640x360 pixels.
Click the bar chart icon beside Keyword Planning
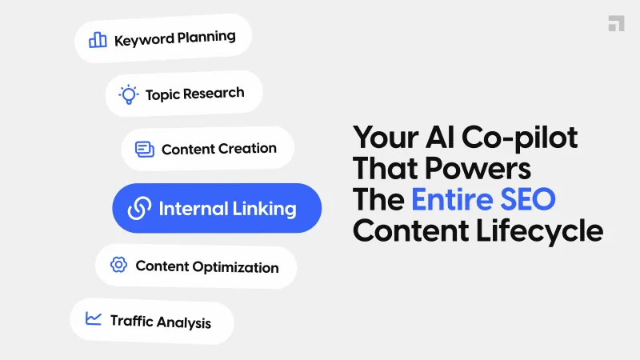click(98, 39)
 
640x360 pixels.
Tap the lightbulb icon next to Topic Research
click(128, 94)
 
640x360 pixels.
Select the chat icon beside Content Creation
click(144, 149)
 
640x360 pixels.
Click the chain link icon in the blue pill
click(139, 209)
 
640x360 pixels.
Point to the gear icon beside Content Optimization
click(118, 265)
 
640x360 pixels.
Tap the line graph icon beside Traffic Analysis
click(94, 319)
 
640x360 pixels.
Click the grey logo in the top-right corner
click(616, 23)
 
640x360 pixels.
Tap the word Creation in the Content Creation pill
click(247, 149)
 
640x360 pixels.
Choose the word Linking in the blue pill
click(264, 210)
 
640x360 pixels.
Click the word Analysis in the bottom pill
click(184, 322)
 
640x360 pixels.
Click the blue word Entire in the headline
click(454, 199)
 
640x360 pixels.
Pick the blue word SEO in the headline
click(529, 199)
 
